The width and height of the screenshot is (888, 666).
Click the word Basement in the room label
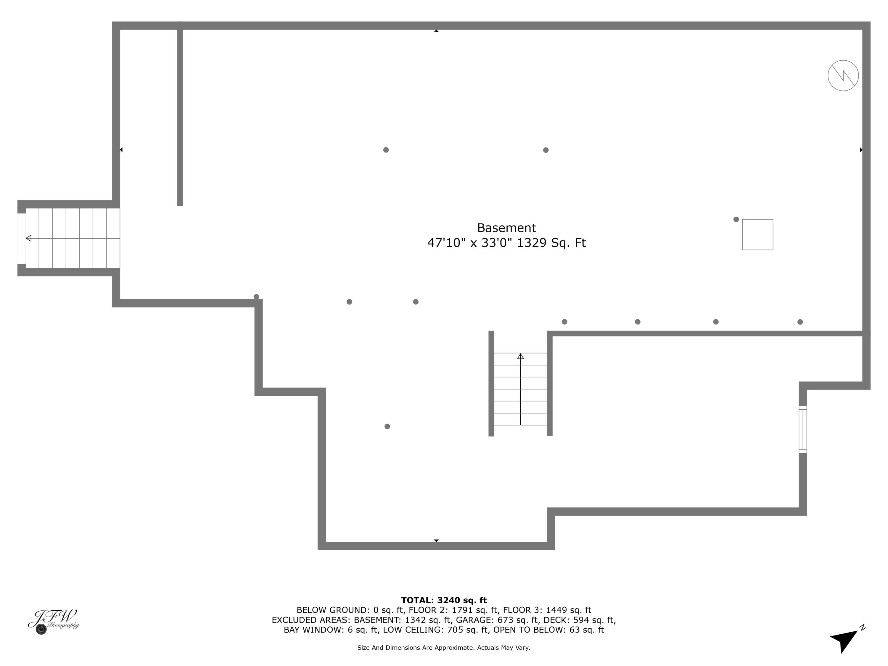tap(506, 228)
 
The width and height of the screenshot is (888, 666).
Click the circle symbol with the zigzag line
tap(843, 75)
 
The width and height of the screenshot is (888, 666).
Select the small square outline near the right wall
tap(757, 234)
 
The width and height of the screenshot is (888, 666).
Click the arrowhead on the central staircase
tap(520, 356)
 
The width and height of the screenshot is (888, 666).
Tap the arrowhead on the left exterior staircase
tap(28, 238)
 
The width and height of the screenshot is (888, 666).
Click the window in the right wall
tap(802, 429)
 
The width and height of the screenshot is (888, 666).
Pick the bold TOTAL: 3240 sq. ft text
tap(444, 600)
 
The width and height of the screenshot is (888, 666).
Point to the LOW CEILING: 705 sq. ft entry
tap(436, 630)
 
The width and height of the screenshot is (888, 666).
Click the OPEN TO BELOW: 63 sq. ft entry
tap(548, 630)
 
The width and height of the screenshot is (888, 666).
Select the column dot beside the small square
tap(736, 219)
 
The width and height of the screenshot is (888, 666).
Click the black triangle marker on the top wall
tap(436, 31)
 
